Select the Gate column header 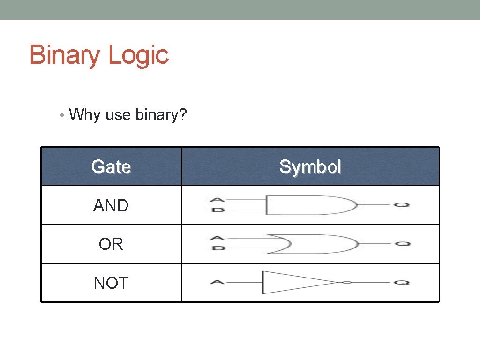[x=111, y=166]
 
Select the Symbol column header [x=310, y=166]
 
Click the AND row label [x=111, y=205]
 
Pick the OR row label [x=111, y=244]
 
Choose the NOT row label [x=111, y=283]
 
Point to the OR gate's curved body [x=314, y=244]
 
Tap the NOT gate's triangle [x=291, y=282]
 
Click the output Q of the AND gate [x=402, y=205]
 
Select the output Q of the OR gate [x=402, y=244]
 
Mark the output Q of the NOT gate [x=402, y=283]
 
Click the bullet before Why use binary [x=62, y=114]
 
